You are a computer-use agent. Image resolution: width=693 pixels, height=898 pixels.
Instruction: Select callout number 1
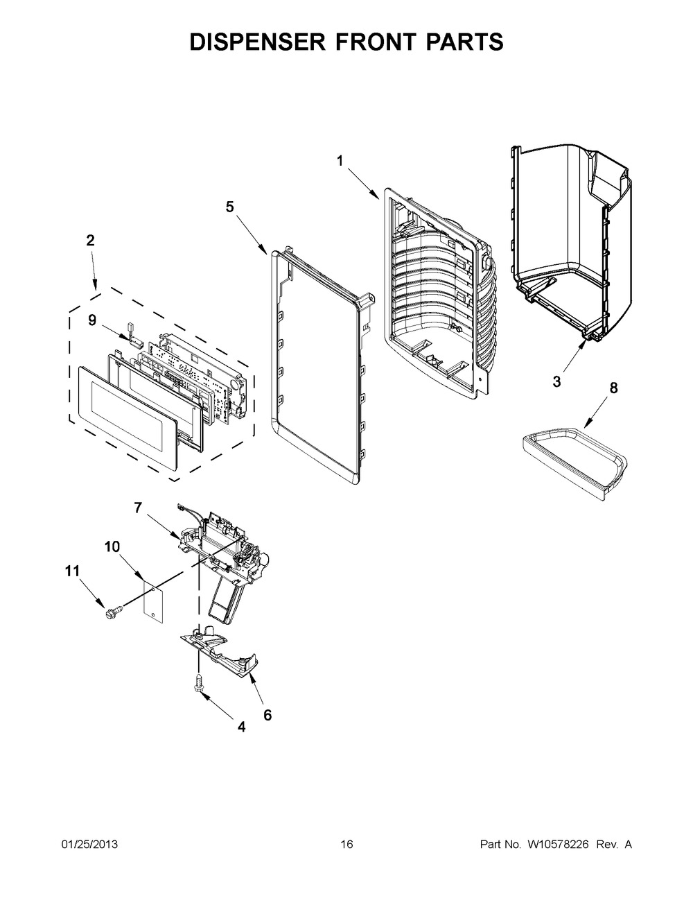pos(340,161)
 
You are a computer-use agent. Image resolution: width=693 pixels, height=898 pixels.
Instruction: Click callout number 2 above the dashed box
pos(91,241)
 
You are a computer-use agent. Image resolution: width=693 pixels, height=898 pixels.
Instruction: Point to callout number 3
pos(557,381)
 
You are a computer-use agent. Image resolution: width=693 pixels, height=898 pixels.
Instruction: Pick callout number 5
pos(230,206)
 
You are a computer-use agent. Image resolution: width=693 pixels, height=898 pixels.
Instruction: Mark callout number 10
pos(112,546)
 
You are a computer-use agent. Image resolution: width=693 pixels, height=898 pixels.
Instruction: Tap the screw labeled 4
pos(200,683)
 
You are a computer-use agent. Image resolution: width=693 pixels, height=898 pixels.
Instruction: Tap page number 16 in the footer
pos(346,844)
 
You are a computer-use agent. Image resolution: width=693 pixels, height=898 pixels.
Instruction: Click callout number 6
pos(267,715)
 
